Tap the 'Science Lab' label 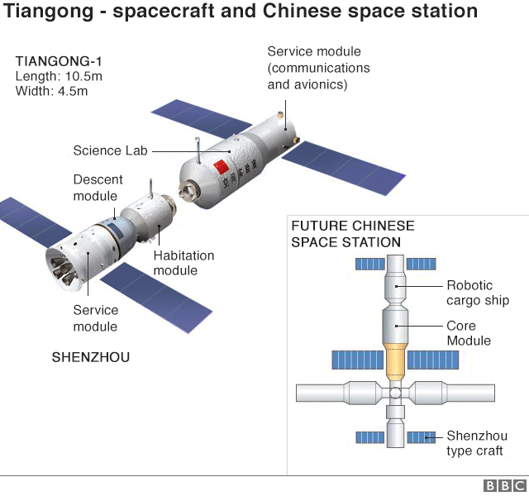pyautogui.click(x=110, y=150)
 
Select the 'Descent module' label pyautogui.click(x=98, y=188)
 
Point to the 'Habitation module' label pyautogui.click(x=183, y=263)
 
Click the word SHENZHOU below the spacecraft pyautogui.click(x=91, y=357)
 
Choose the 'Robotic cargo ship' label pyautogui.click(x=478, y=293)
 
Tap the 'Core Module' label pyautogui.click(x=469, y=333)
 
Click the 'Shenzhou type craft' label pyautogui.click(x=477, y=443)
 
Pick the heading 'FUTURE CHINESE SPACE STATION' pyautogui.click(x=352, y=234)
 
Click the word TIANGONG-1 pyautogui.click(x=59, y=61)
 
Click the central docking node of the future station pyautogui.click(x=396, y=392)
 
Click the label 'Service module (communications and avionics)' pyautogui.click(x=318, y=68)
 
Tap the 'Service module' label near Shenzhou pyautogui.click(x=96, y=318)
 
